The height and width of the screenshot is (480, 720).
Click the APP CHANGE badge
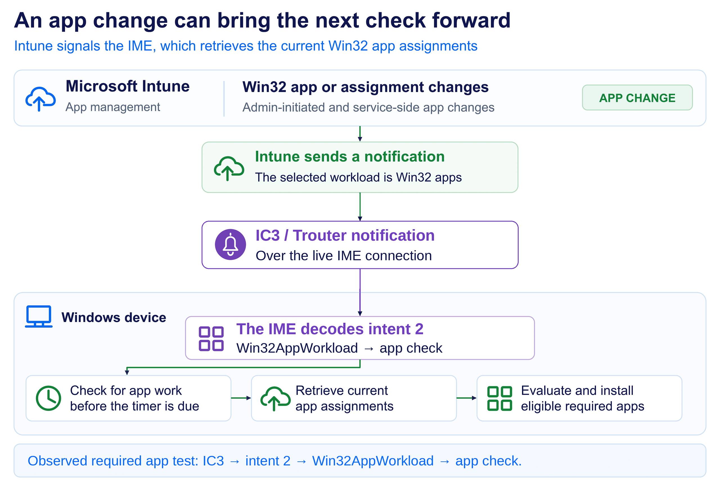point(637,98)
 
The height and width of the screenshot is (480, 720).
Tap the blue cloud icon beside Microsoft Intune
point(40,99)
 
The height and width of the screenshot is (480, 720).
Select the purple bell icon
point(230,245)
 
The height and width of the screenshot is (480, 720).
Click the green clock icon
point(48,398)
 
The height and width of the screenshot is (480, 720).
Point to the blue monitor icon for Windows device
point(39,316)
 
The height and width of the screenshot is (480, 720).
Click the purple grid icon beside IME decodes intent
point(211,339)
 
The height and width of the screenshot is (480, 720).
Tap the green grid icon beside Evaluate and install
point(499,398)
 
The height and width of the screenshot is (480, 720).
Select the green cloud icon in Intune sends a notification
point(229,168)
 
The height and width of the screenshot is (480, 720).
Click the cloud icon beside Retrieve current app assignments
point(276,398)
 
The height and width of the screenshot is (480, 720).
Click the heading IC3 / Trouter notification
point(345,235)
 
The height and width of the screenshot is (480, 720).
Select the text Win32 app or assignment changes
point(366,87)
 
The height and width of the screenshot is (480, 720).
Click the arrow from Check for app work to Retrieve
point(241,398)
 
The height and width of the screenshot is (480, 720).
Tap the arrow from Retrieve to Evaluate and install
point(467,398)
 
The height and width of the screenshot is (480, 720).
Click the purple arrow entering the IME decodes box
point(360,292)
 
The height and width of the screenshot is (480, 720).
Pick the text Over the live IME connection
point(344,256)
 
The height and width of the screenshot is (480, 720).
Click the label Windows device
point(114,317)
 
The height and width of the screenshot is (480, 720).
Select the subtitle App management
point(113,107)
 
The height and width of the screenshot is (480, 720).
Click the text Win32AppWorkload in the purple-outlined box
point(297,348)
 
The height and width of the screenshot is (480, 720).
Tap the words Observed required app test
point(113,461)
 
